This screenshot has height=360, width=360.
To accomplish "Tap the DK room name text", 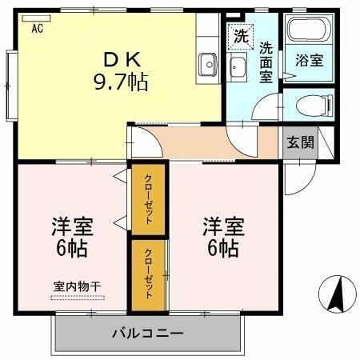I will click(x=120, y=59).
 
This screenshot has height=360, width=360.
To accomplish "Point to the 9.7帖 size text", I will click(x=120, y=82).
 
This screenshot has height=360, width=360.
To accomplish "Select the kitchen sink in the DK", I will click(x=210, y=62).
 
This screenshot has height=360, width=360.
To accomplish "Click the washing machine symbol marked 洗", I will click(x=239, y=35).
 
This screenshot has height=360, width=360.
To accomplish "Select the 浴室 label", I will click(x=309, y=60).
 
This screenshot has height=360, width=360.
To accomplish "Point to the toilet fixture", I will click(x=310, y=105).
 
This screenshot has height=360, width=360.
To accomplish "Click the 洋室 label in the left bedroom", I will click(x=73, y=225).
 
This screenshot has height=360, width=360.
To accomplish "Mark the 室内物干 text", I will click(x=77, y=286).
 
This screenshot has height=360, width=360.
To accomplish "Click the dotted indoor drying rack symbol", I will click(x=77, y=297).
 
